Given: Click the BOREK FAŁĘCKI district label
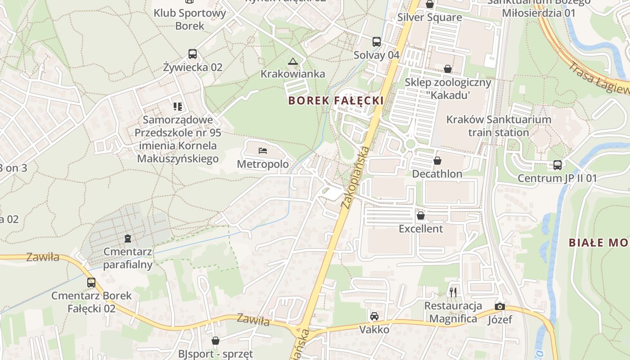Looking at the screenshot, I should (x=336, y=100).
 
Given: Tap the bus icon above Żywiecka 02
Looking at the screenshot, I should (x=193, y=54).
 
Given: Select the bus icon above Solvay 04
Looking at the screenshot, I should (x=377, y=42).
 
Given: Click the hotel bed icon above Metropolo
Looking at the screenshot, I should (x=263, y=151).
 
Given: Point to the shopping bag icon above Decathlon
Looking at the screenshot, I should (x=437, y=161).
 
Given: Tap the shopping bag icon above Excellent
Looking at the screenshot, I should (x=421, y=216).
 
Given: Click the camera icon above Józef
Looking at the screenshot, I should (x=499, y=307).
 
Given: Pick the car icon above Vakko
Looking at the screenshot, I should (x=374, y=316).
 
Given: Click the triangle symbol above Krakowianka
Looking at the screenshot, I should (x=293, y=61).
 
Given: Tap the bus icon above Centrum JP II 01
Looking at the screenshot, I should (x=558, y=165).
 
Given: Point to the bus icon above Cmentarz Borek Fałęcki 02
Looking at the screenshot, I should (x=91, y=283).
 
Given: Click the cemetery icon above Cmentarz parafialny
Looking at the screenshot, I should (x=128, y=238).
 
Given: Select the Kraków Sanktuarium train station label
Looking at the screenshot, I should (x=499, y=126).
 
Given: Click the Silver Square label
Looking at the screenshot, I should (x=430, y=18).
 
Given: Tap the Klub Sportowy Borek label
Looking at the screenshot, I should (x=190, y=19).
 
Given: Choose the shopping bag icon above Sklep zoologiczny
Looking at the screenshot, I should (x=448, y=69).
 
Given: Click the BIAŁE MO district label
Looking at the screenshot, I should (x=598, y=243).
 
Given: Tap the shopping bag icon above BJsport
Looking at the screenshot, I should (x=216, y=341).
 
